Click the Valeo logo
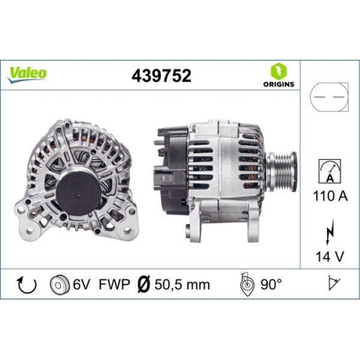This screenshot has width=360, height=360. point(28,72)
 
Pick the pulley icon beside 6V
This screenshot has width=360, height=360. point(59,284)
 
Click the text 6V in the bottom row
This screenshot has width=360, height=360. point(81,284)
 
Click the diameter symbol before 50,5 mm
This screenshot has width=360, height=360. point(143,284)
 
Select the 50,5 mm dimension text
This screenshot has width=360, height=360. point(182,284)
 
